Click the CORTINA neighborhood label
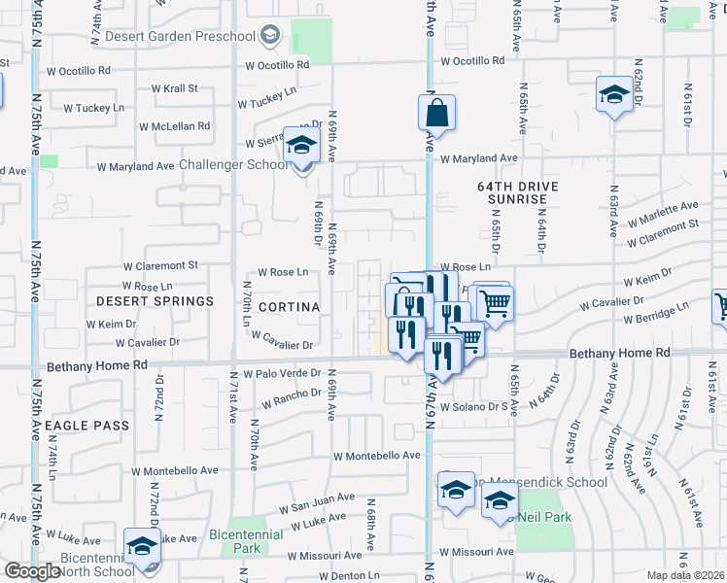point(289,307)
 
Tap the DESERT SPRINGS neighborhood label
point(155,301)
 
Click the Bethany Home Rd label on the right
point(620,355)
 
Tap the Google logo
point(32,571)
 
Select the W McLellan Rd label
point(174,126)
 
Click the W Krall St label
point(174,88)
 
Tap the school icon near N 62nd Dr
point(613,94)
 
